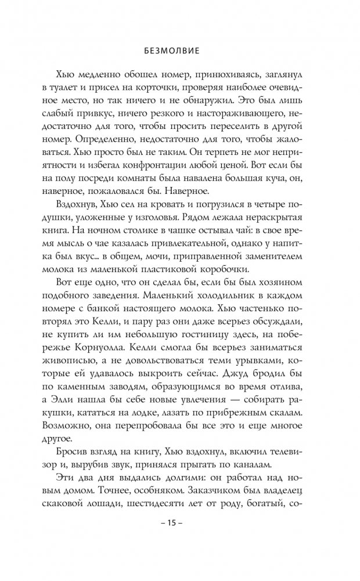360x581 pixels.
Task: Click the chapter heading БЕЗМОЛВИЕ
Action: [179, 50]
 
